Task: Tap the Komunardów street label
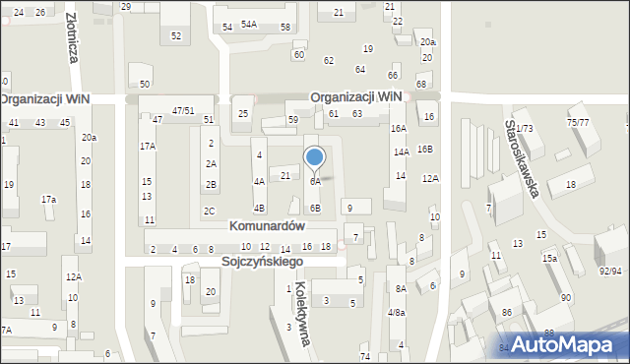pos(267,225)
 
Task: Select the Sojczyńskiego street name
pos(262,263)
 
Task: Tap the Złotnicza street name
pos(72,37)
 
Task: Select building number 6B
pos(315,209)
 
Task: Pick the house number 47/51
pos(183,110)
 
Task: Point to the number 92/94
pos(610,271)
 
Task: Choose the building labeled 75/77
pos(578,122)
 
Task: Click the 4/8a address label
pos(396,313)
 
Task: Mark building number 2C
pos(210,212)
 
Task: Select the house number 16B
pos(424,149)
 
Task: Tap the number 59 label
pos(292,120)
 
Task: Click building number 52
pos(176,35)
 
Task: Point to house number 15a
pos(549,258)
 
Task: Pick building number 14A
pos(402,152)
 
